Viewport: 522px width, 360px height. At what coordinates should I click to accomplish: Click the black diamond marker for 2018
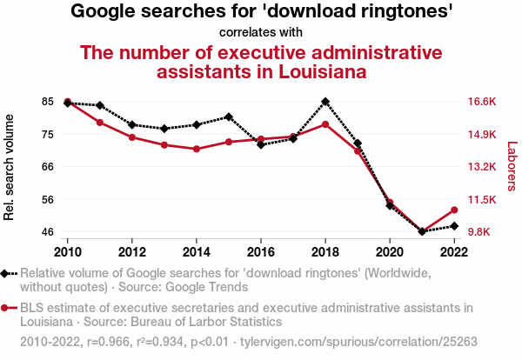[325, 102]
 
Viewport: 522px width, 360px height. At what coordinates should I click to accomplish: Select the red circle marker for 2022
[454, 210]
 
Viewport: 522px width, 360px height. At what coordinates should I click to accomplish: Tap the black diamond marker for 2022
[454, 226]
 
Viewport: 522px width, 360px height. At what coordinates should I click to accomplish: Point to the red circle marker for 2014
[197, 149]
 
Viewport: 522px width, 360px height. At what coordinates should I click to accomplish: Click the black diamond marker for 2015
[229, 117]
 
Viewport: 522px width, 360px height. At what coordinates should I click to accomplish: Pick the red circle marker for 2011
[100, 122]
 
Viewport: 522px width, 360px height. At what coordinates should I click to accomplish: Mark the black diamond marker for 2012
[132, 125]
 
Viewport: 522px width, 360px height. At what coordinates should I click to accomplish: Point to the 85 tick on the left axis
[47, 101]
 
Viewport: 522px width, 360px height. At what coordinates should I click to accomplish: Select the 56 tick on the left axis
[47, 199]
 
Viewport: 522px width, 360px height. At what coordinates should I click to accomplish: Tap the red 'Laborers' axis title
[512, 166]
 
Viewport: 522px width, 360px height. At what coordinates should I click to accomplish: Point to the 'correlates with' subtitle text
[261, 32]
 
